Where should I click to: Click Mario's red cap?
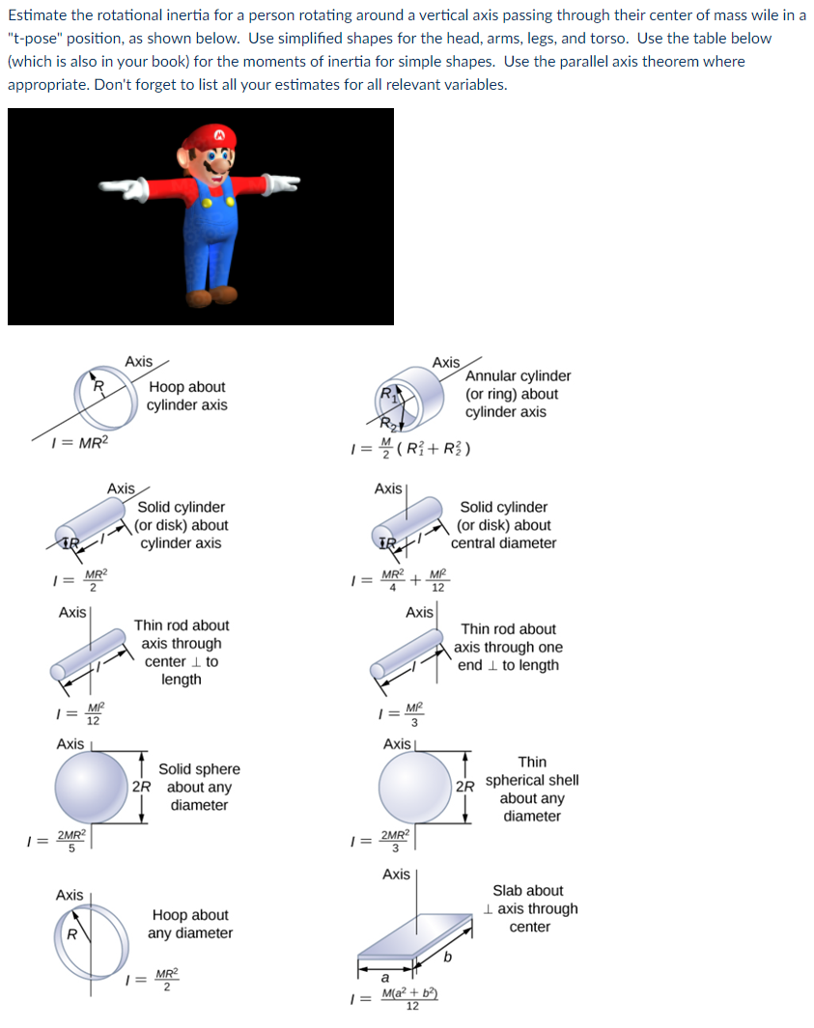pos(218,136)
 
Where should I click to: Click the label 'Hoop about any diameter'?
pos(190,924)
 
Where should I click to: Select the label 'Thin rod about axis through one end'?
pos(508,647)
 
